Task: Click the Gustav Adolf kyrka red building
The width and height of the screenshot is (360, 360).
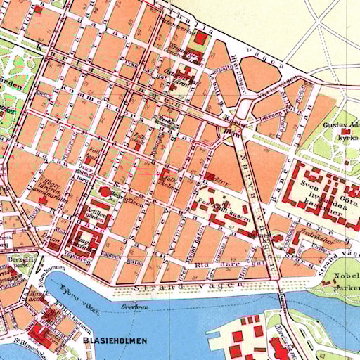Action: (345, 131)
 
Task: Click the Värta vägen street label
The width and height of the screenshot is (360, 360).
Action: (273, 89)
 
